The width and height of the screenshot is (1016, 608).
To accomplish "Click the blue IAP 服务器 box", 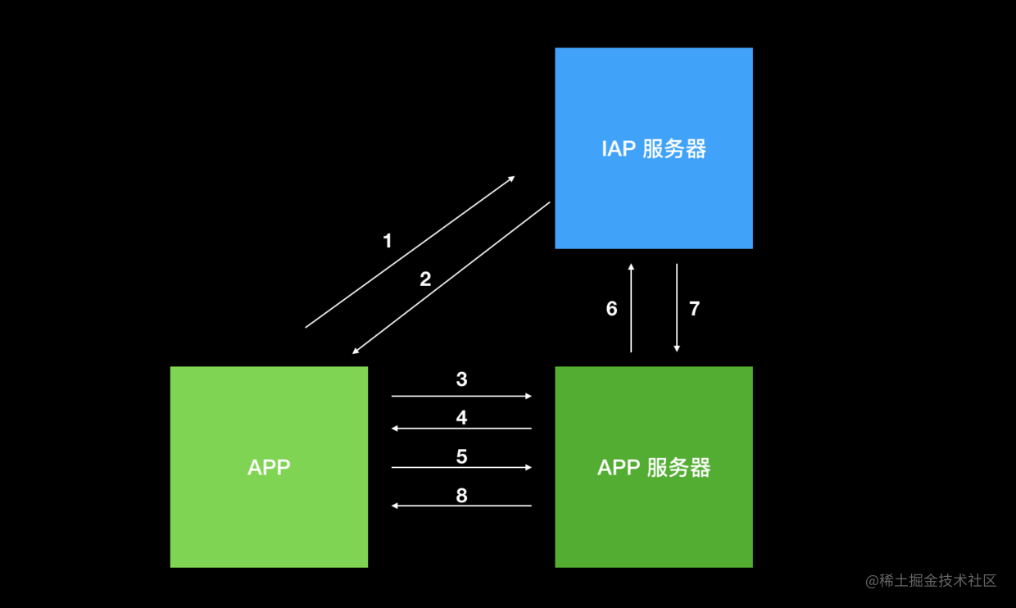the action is (654, 148).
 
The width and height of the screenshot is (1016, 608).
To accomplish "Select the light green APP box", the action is (269, 467).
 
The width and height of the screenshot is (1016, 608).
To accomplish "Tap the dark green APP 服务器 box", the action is (654, 467).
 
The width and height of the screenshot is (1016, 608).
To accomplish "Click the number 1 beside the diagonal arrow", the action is (388, 241).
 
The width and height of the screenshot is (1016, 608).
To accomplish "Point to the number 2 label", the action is (425, 279).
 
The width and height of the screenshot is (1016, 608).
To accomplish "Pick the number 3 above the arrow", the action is (462, 379).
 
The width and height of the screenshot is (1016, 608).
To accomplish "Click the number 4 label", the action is (462, 417).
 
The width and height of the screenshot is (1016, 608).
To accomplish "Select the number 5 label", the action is (462, 456).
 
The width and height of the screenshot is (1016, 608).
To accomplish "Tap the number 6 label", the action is (612, 309).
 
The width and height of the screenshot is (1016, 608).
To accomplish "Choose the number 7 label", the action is (695, 309).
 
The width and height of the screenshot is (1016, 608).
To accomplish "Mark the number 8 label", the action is (462, 496).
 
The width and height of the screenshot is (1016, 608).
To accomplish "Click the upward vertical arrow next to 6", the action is (631, 307).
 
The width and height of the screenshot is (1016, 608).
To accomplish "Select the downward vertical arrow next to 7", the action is (677, 307).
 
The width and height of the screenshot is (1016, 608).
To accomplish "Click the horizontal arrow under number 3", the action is (461, 396).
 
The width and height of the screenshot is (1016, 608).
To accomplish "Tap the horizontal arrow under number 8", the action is (461, 506).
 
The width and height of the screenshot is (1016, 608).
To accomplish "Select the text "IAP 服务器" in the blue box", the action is (654, 149).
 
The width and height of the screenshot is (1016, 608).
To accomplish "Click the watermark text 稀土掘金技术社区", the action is (937, 581).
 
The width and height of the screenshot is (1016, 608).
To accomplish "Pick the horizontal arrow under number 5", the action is (461, 467).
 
